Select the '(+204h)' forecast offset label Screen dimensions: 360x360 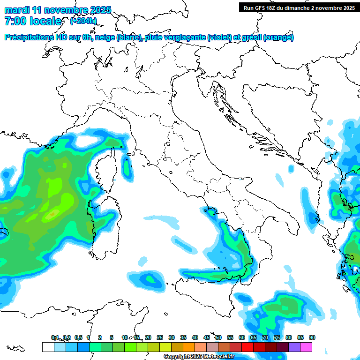83,21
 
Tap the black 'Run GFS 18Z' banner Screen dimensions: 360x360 298,7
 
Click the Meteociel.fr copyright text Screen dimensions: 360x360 198,357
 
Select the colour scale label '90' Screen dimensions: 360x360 312,337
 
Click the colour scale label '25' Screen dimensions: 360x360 160,337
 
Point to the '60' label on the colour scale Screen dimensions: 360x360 242,337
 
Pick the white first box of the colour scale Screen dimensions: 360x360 48,347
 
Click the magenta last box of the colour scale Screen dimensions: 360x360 306,347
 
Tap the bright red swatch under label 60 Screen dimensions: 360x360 247,347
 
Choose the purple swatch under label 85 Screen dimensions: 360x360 294,347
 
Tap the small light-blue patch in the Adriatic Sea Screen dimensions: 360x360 280,180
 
